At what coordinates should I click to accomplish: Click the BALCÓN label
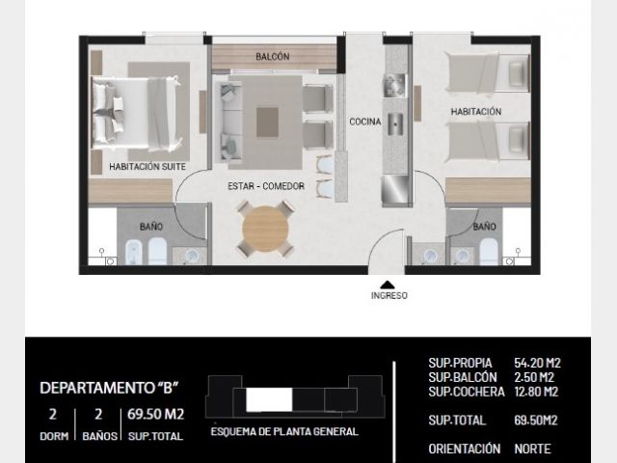pyautogui.click(x=272, y=57)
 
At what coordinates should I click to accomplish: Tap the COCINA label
pyautogui.click(x=365, y=122)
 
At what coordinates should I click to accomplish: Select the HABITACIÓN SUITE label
pyautogui.click(x=148, y=167)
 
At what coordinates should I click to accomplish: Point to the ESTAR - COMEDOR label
pyautogui.click(x=266, y=186)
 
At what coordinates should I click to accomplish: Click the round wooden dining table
pyautogui.click(x=266, y=229)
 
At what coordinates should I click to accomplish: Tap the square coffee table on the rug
pyautogui.click(x=268, y=123)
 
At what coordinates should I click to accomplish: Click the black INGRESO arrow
pyautogui.click(x=388, y=285)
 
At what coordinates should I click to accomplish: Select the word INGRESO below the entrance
pyautogui.click(x=389, y=295)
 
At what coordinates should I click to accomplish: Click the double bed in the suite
pyautogui.click(x=135, y=114)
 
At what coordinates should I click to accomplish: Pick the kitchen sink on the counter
pyautogui.click(x=394, y=124)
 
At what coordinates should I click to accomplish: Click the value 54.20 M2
pyautogui.click(x=538, y=363)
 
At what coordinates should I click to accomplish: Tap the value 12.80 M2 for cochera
pyautogui.click(x=536, y=392)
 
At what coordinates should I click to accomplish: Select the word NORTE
pyautogui.click(x=533, y=449)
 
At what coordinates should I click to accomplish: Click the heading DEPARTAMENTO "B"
pyautogui.click(x=109, y=388)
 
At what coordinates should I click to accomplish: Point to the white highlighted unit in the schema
pyautogui.click(x=269, y=399)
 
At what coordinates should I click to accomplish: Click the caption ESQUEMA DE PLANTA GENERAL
pyautogui.click(x=284, y=431)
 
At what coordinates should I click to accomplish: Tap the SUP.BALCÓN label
pyautogui.click(x=463, y=377)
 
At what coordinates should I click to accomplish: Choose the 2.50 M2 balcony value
pyautogui.click(x=534, y=377)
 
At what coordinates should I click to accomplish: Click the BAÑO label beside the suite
pyautogui.click(x=151, y=227)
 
